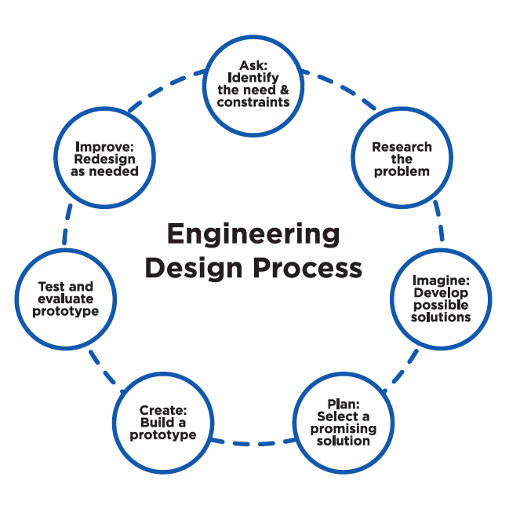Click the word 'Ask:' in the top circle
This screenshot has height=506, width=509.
point(253,64)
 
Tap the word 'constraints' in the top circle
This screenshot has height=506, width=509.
point(253,102)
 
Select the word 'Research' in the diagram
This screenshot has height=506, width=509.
point(402,147)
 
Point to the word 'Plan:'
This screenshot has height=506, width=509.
point(344,405)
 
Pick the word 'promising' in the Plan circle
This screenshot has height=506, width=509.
point(344,429)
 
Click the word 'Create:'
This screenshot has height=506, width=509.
point(162,410)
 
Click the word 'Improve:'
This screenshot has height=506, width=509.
point(107,146)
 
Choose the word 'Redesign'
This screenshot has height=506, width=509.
point(107,159)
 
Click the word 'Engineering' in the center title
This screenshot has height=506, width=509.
point(253,234)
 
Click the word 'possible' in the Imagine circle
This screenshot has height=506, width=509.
point(440,305)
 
